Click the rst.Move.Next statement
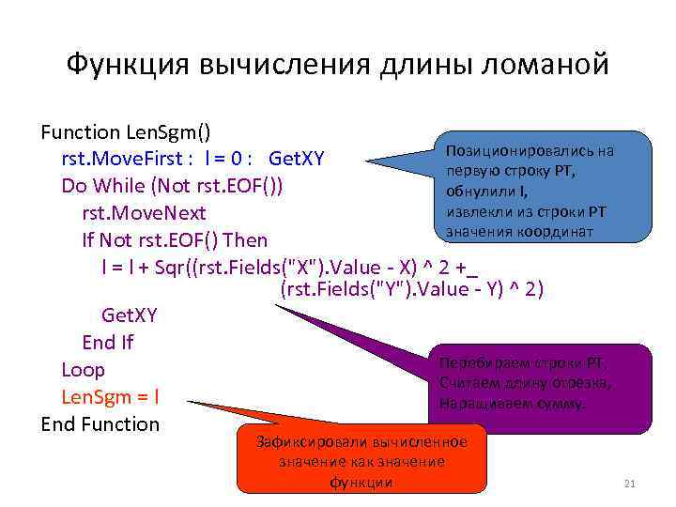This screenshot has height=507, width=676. click(x=144, y=213)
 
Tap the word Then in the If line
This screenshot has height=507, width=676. click(x=246, y=240)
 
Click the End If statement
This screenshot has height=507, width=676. click(x=108, y=342)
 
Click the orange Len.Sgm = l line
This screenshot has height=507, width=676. click(x=110, y=396)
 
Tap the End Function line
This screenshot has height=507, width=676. click(x=100, y=423)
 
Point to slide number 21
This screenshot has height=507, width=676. click(x=630, y=484)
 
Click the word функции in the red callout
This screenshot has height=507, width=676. click(x=361, y=482)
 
